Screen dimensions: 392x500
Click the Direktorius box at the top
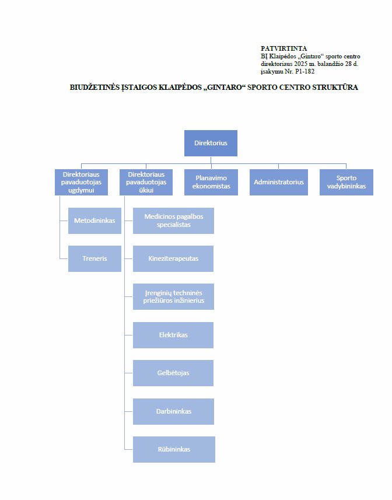point(211,143)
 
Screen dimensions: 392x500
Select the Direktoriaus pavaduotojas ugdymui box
point(81,182)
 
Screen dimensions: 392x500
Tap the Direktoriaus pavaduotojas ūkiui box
point(146,182)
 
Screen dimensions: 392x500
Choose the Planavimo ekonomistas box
point(211,182)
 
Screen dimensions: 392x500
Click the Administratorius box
point(279,182)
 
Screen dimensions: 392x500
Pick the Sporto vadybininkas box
point(346,182)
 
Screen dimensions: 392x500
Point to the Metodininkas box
point(94,221)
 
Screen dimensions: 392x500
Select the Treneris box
point(94,258)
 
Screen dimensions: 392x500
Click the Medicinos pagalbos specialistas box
point(173,221)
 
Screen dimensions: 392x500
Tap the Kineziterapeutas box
point(173,258)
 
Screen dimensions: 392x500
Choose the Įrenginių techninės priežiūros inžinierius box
point(173,296)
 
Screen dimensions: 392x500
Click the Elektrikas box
point(173,335)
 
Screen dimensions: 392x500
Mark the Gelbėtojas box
point(173,373)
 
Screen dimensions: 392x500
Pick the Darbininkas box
point(173,411)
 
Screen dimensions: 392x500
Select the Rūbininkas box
point(174,449)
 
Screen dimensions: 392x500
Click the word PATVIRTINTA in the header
point(283,48)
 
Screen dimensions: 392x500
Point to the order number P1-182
point(305,71)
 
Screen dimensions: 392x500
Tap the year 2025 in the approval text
point(300,64)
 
